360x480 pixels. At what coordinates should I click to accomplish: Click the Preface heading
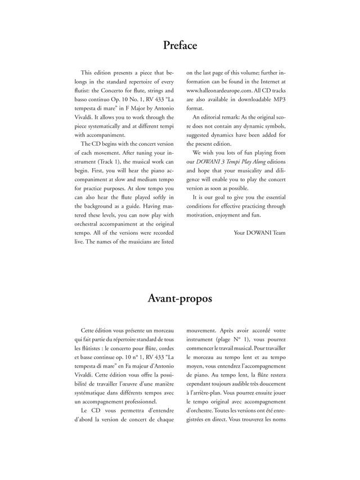180,45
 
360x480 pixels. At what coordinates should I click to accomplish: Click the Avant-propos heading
180,299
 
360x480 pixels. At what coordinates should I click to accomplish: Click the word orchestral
92,214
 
